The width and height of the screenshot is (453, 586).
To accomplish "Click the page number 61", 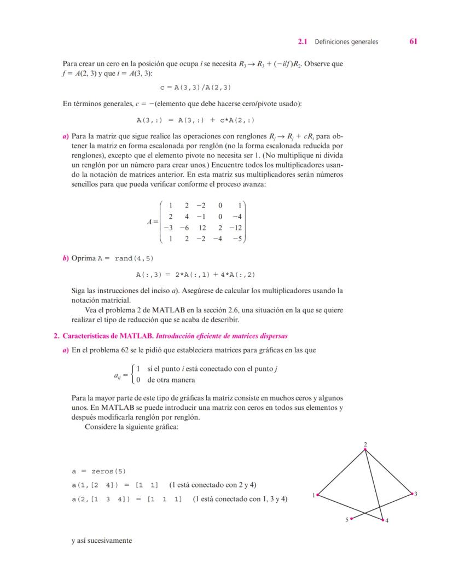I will click(x=413, y=42).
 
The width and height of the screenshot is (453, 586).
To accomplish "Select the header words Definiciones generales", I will click(x=346, y=42).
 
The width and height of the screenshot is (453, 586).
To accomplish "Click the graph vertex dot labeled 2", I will click(x=365, y=450).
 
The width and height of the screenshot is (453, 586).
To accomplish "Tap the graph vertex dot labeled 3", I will click(x=412, y=494).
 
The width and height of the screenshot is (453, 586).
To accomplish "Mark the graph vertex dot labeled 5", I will click(x=351, y=518).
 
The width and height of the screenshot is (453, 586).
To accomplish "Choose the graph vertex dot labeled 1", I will click(x=317, y=495).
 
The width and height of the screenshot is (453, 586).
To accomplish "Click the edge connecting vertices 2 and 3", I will click(x=388, y=472).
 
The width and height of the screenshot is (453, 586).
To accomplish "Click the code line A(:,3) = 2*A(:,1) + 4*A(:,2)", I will click(x=196, y=275).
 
